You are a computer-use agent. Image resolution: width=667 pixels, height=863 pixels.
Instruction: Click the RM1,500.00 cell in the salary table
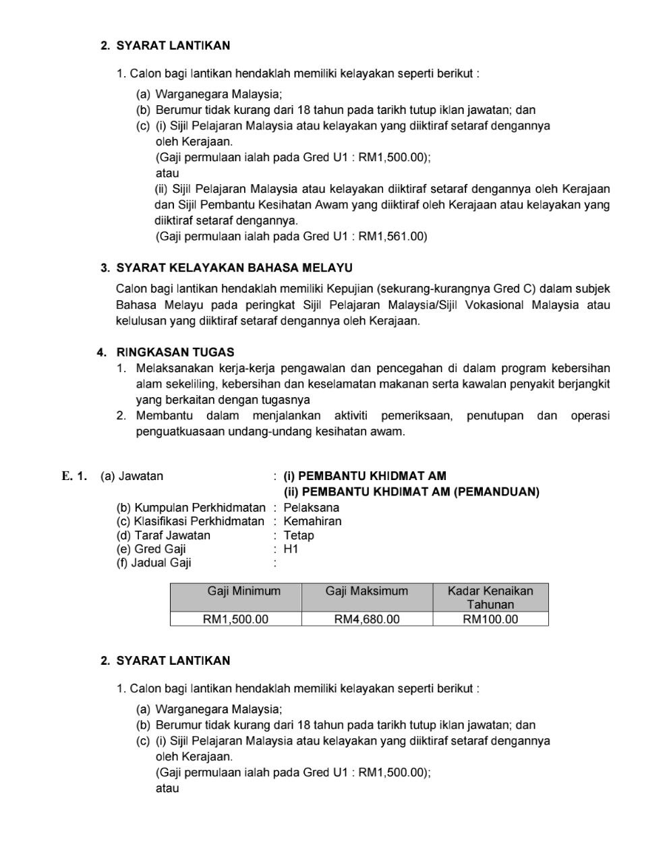tap(235, 619)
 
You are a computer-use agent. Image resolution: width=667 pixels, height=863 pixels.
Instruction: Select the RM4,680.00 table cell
tap(367, 619)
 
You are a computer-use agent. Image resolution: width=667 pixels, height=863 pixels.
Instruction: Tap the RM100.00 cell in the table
tap(490, 619)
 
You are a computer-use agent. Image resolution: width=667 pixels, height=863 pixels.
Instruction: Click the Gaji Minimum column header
tap(235, 591)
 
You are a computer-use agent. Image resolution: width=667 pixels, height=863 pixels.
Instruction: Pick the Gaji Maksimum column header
tap(367, 591)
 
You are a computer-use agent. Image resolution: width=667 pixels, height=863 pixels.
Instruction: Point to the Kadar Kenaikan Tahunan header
tap(490, 597)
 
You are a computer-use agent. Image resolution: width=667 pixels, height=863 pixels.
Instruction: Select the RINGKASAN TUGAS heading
tap(175, 352)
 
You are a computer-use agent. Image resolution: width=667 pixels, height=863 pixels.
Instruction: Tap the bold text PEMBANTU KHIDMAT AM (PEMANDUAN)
tap(419, 492)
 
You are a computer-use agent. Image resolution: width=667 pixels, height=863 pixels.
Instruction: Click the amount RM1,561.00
tap(393, 236)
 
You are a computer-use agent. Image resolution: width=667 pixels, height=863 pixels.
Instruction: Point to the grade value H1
tap(291, 549)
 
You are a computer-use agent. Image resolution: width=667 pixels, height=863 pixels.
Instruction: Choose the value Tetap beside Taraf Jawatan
tap(299, 535)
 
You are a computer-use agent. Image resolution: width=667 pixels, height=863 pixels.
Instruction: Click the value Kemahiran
tap(312, 521)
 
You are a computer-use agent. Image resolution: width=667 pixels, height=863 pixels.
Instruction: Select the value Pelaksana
tap(311, 508)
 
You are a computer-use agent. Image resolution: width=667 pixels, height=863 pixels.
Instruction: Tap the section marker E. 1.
tap(74, 476)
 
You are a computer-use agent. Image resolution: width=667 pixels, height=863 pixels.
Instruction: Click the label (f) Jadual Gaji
tap(154, 562)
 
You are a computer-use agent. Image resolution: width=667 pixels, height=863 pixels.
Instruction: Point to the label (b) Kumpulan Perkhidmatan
tap(191, 508)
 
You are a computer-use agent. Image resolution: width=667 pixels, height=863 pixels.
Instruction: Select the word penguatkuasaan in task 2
tap(184, 431)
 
